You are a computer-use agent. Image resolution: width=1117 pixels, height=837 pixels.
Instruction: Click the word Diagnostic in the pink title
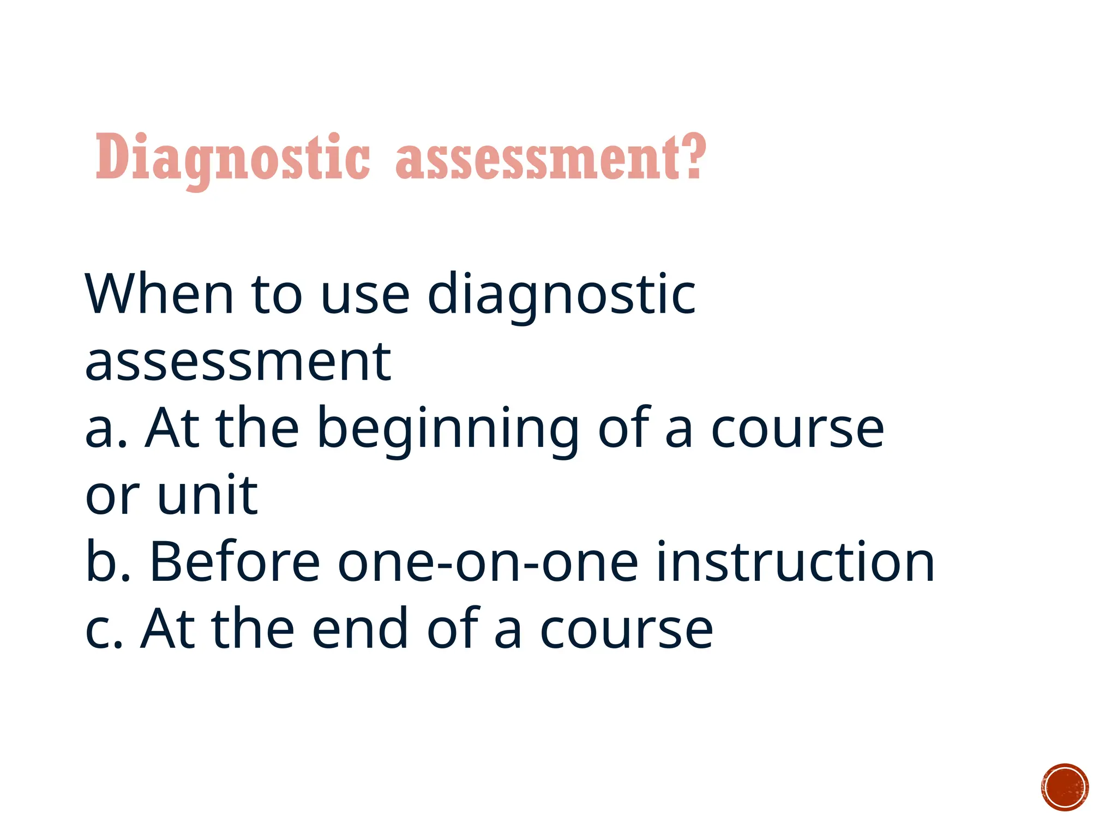click(x=233, y=158)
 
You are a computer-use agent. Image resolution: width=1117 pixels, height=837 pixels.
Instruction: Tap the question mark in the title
click(x=694, y=157)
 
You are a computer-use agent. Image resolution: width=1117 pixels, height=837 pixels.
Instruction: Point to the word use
click(x=365, y=295)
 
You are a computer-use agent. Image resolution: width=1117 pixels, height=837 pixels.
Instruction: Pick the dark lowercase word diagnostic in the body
click(x=561, y=295)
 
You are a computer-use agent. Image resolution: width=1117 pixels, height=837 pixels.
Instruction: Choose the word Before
click(x=235, y=562)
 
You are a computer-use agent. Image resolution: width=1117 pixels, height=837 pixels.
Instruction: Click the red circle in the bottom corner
click(x=1065, y=787)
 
